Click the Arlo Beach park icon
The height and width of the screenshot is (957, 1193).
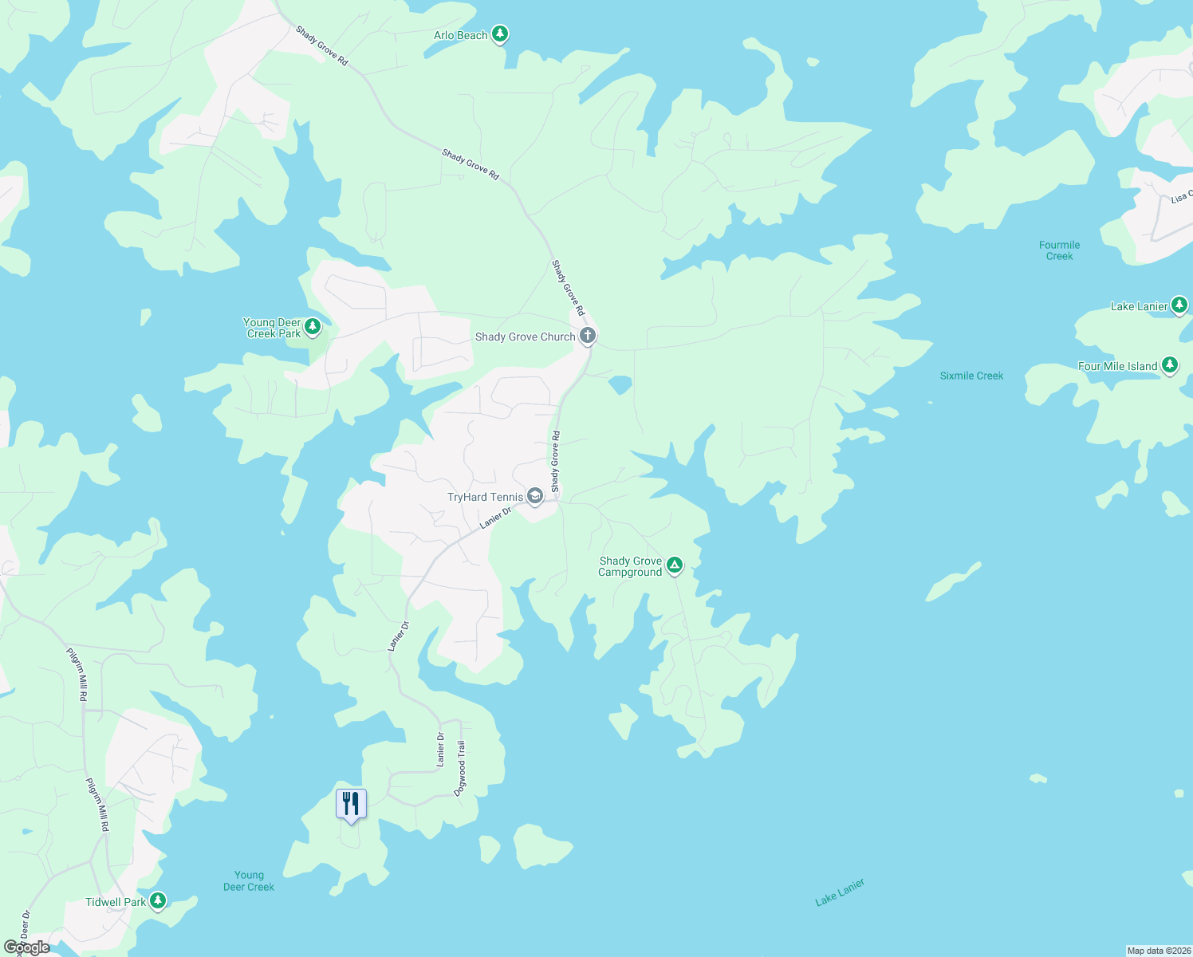pyautogui.click(x=500, y=34)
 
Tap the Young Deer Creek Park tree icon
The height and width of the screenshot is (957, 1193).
pyautogui.click(x=313, y=327)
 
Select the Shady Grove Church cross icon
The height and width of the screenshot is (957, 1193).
pyautogui.click(x=588, y=336)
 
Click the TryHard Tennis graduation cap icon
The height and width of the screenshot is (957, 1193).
pyautogui.click(x=535, y=497)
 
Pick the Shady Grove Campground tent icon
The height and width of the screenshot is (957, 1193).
pyautogui.click(x=675, y=566)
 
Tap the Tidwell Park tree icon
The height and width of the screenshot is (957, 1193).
pyautogui.click(x=158, y=901)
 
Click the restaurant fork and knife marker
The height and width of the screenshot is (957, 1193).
pyautogui.click(x=351, y=804)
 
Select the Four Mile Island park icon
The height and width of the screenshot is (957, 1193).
pyautogui.click(x=1170, y=365)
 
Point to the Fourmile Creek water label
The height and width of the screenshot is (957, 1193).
pyautogui.click(x=1059, y=250)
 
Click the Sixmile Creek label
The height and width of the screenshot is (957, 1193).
pyautogui.click(x=971, y=376)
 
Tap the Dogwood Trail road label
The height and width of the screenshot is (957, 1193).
pyautogui.click(x=461, y=762)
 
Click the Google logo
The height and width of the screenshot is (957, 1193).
pyautogui.click(x=27, y=947)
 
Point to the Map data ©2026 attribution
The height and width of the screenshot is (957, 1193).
pyautogui.click(x=1159, y=951)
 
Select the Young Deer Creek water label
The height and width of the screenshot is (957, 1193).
pyautogui.click(x=249, y=881)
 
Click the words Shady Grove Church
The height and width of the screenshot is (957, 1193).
pyautogui.click(x=525, y=337)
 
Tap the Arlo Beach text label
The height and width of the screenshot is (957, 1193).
pyautogui.click(x=460, y=35)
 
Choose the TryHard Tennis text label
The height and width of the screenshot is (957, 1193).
pyautogui.click(x=485, y=497)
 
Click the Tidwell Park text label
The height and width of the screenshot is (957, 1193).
pyautogui.click(x=116, y=902)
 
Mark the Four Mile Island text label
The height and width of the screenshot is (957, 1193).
pyautogui.click(x=1117, y=366)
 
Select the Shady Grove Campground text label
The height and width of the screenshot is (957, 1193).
pyautogui.click(x=630, y=566)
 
